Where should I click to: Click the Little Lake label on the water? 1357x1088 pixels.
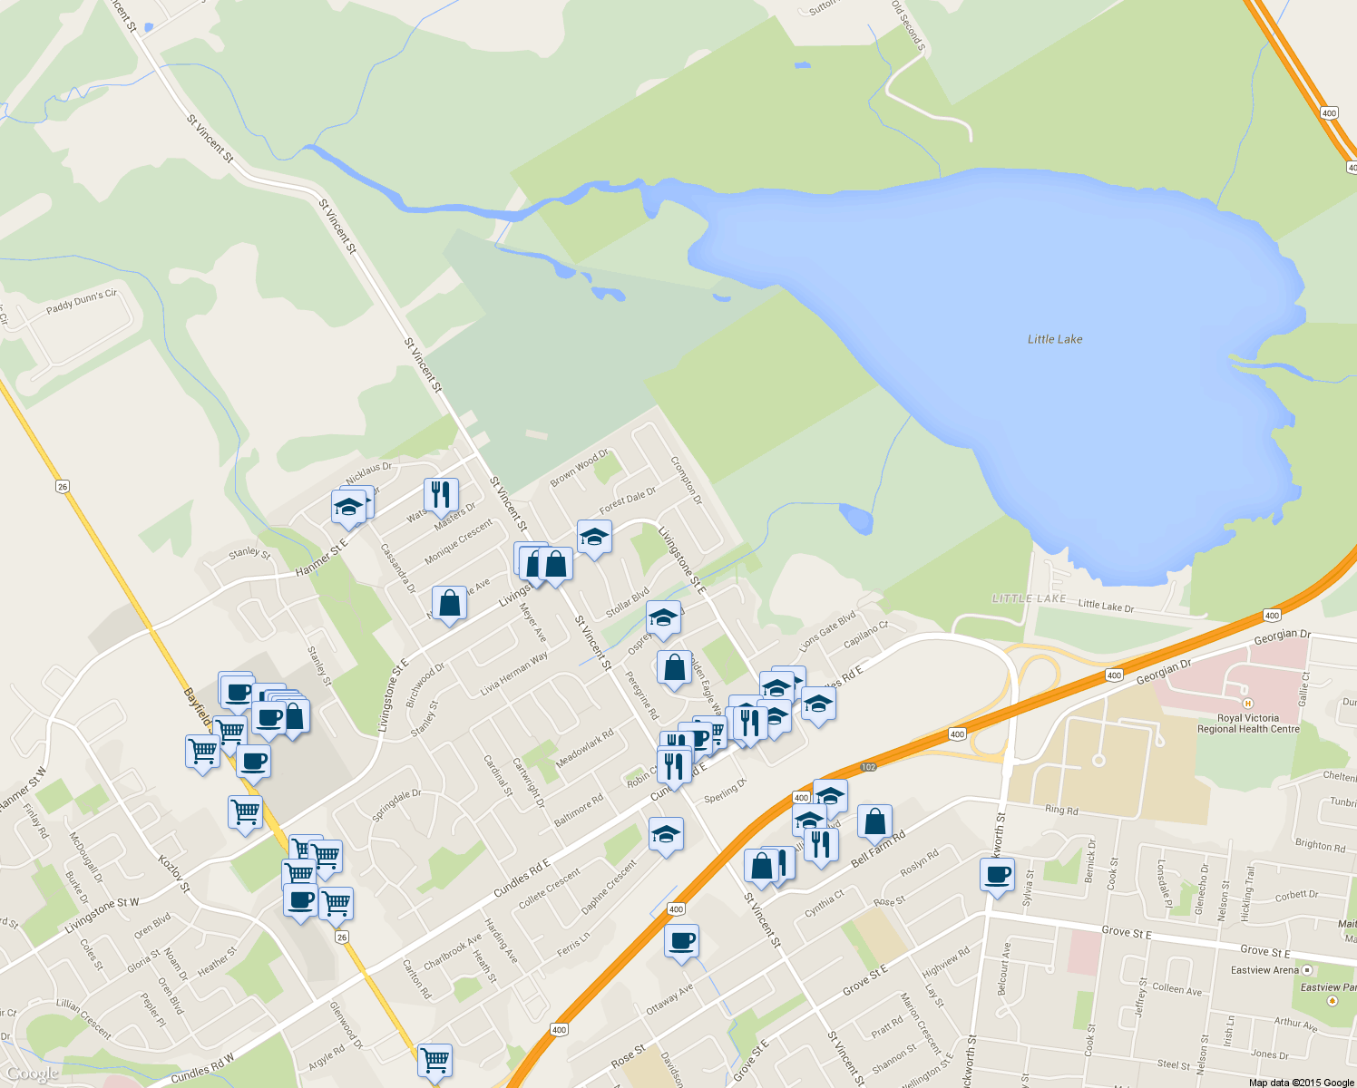[1054, 339]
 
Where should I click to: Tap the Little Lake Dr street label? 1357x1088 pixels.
[1106, 606]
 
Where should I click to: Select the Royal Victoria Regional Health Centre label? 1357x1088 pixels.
[1248, 724]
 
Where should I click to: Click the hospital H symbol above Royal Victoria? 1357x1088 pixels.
[1248, 703]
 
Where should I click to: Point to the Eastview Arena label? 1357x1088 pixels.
[1264, 970]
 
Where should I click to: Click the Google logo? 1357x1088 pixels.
[33, 1074]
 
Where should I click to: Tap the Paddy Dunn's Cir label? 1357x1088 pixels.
[82, 301]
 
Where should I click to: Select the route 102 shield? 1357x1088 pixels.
[868, 767]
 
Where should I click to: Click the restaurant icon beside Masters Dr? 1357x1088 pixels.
[441, 495]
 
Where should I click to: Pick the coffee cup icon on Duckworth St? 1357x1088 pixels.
[997, 875]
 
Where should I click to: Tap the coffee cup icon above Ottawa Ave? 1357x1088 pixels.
[681, 941]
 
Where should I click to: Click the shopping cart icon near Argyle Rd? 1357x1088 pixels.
[435, 1059]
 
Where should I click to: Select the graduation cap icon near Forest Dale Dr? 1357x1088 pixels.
[594, 538]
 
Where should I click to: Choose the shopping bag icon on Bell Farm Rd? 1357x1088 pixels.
[874, 821]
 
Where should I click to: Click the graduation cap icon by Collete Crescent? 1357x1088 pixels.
[666, 835]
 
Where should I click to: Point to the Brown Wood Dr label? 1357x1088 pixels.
[579, 468]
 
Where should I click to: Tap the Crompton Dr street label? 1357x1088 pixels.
[687, 480]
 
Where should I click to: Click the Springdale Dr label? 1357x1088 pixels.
[396, 805]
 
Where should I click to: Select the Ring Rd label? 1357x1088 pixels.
[1061, 810]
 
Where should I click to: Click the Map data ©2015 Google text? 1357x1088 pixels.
[1301, 1083]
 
